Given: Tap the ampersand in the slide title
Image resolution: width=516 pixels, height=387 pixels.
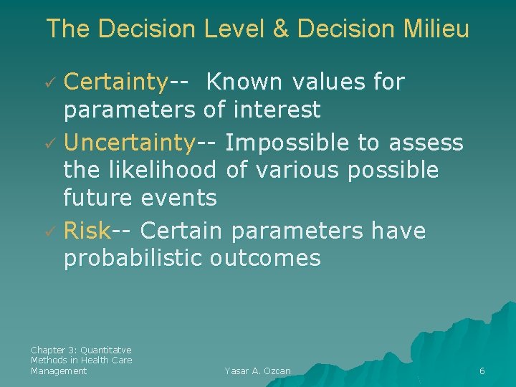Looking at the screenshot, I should [282, 29].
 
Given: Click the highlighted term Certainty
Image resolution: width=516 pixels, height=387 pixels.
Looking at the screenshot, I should [115, 83].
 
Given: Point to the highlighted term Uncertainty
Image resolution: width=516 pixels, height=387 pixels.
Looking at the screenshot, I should [130, 143].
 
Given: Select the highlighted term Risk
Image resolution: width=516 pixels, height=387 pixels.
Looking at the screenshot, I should [87, 231].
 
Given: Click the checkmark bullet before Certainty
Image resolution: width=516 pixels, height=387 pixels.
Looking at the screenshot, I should [50, 84].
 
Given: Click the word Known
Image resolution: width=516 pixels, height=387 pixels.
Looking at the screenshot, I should [244, 83].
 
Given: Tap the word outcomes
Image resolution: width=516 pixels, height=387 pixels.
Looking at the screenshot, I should [265, 258].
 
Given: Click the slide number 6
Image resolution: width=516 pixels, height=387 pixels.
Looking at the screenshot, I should [482, 371].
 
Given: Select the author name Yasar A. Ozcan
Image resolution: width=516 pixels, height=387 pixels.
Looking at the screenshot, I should [257, 371].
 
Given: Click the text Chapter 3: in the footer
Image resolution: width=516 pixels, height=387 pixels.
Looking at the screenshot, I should [54, 350].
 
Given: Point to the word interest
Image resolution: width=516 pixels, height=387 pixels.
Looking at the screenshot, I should [276, 110].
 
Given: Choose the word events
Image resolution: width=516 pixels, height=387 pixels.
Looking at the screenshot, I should [182, 197].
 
